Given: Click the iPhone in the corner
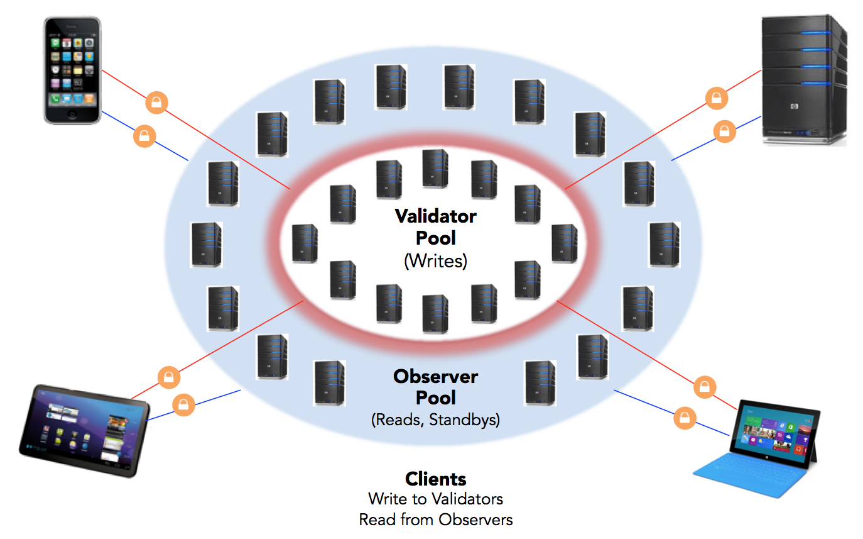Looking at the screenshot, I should pyautogui.click(x=73, y=70).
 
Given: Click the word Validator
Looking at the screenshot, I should pyautogui.click(x=435, y=216).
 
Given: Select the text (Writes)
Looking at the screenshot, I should pyautogui.click(x=435, y=260).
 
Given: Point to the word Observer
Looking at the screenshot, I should pyautogui.click(x=435, y=376).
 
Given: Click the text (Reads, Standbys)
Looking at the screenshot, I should pyautogui.click(x=435, y=420).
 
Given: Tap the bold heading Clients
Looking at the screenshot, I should pyautogui.click(x=435, y=479).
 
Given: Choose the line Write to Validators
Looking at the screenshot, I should pyautogui.click(x=435, y=499).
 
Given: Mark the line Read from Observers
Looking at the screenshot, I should pyautogui.click(x=435, y=520).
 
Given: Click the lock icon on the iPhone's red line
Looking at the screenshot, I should pyautogui.click(x=156, y=102).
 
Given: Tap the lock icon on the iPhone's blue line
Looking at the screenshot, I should pyautogui.click(x=144, y=135).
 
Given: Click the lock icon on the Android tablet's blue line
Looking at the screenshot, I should pyautogui.click(x=183, y=404).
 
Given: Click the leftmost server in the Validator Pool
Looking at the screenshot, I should pyautogui.click(x=305, y=243).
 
